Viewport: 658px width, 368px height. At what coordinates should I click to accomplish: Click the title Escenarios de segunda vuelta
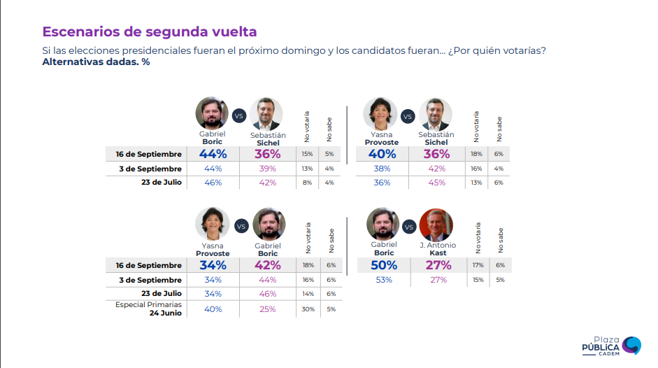(x=149, y=31)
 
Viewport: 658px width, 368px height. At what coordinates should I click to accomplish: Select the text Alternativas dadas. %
(x=96, y=62)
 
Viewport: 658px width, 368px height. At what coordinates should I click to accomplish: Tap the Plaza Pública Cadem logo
(x=611, y=345)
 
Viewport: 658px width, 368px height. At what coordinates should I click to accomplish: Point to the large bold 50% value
(x=384, y=265)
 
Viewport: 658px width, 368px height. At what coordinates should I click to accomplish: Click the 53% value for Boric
(x=384, y=280)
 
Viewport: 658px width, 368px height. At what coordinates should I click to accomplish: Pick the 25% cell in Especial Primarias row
(x=268, y=309)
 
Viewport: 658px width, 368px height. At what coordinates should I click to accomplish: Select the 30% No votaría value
(x=307, y=309)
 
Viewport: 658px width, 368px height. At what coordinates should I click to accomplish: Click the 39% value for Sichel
(x=268, y=169)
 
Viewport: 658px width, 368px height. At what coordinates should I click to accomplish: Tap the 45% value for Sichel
(x=437, y=183)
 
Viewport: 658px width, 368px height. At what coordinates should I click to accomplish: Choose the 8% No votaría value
(x=307, y=183)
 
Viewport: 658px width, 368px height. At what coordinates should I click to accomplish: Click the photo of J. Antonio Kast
(x=436, y=225)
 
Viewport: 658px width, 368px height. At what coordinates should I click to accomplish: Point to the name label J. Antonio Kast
(x=438, y=248)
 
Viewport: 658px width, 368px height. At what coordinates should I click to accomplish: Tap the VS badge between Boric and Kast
(x=410, y=226)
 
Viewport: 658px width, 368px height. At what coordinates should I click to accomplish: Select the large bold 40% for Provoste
(x=383, y=154)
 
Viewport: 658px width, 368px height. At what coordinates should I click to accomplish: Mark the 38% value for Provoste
(x=382, y=169)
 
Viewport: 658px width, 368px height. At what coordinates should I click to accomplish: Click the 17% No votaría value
(x=478, y=265)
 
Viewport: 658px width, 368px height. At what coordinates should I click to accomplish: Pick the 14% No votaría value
(x=307, y=294)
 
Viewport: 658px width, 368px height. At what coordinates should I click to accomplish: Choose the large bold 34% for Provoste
(x=213, y=265)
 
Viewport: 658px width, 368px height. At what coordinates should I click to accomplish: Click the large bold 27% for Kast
(x=438, y=265)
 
